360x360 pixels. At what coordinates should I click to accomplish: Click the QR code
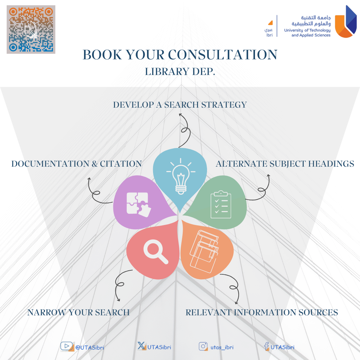click(31, 29)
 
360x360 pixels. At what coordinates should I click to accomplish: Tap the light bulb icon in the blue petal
click(181, 176)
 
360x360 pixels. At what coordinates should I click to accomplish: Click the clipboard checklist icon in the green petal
click(221, 204)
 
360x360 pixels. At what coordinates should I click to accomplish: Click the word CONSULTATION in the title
click(223, 55)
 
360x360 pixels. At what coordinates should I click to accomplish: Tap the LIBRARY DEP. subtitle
click(180, 72)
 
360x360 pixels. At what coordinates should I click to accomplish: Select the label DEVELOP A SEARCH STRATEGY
click(180, 105)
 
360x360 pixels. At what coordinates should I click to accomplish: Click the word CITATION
click(121, 164)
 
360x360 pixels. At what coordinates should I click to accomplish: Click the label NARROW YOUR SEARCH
click(79, 312)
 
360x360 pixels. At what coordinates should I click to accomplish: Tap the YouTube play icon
click(67, 346)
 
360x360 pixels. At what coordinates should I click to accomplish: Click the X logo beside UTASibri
click(142, 346)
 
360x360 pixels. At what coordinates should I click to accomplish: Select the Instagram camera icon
click(203, 346)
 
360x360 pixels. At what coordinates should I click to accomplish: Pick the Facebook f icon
click(267, 346)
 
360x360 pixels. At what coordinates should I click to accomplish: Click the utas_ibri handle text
click(222, 347)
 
